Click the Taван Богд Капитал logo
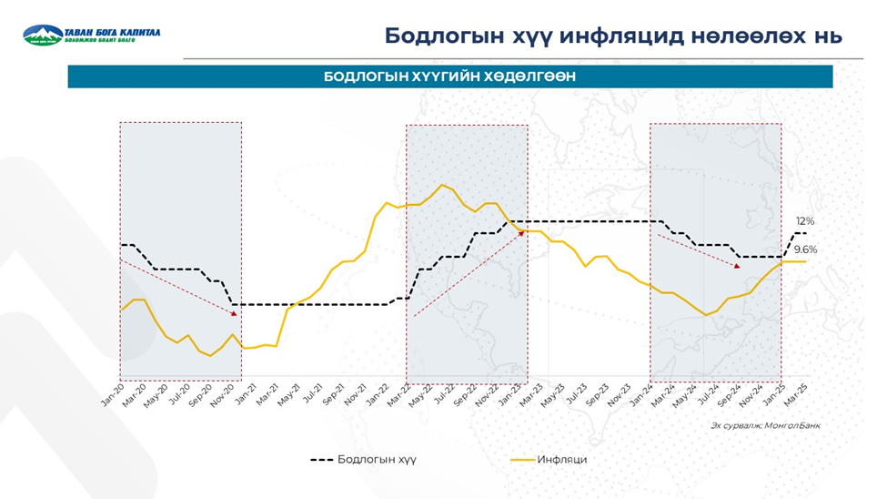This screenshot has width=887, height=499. (91, 36)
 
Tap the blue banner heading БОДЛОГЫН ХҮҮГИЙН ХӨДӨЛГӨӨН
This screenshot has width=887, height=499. (449, 77)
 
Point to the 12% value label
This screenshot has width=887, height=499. (805, 221)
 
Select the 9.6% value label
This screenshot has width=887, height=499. (805, 249)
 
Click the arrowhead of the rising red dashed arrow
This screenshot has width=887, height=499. (523, 232)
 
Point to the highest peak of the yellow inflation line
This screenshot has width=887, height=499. (443, 185)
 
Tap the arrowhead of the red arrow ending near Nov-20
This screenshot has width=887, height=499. (235, 314)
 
